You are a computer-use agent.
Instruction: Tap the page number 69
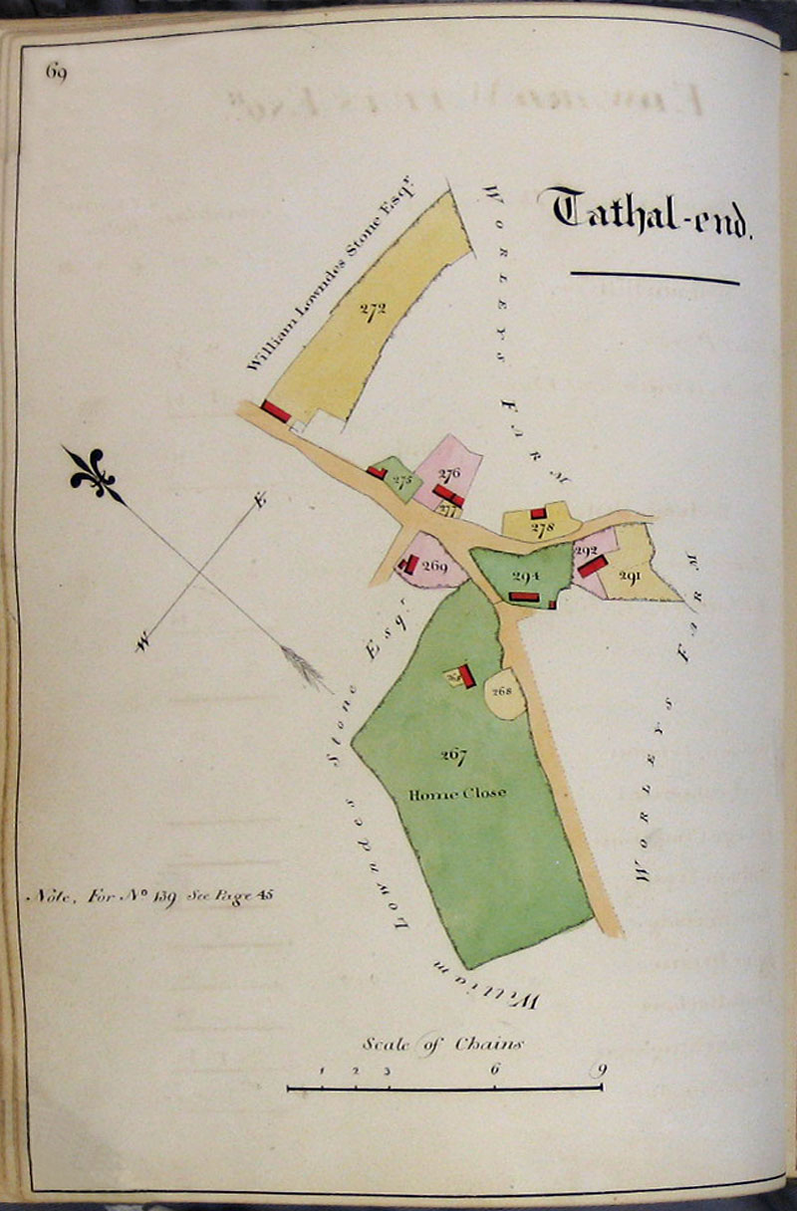click(55, 73)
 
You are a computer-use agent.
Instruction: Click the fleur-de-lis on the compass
click(95, 475)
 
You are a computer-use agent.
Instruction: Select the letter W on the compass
click(142, 645)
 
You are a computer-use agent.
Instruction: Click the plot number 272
click(373, 309)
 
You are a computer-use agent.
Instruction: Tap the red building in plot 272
click(276, 411)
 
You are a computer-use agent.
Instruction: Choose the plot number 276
click(448, 474)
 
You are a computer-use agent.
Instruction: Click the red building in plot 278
click(538, 513)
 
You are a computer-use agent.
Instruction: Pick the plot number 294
click(525, 575)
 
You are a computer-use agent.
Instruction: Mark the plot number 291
click(630, 575)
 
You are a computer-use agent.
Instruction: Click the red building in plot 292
click(593, 566)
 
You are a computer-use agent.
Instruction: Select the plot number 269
click(434, 567)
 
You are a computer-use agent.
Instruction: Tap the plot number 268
click(501, 689)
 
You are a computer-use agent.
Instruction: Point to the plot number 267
click(454, 754)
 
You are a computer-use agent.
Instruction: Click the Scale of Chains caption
click(442, 1044)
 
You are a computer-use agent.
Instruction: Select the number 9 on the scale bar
click(598, 1071)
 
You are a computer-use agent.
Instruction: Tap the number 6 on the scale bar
click(494, 1071)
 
